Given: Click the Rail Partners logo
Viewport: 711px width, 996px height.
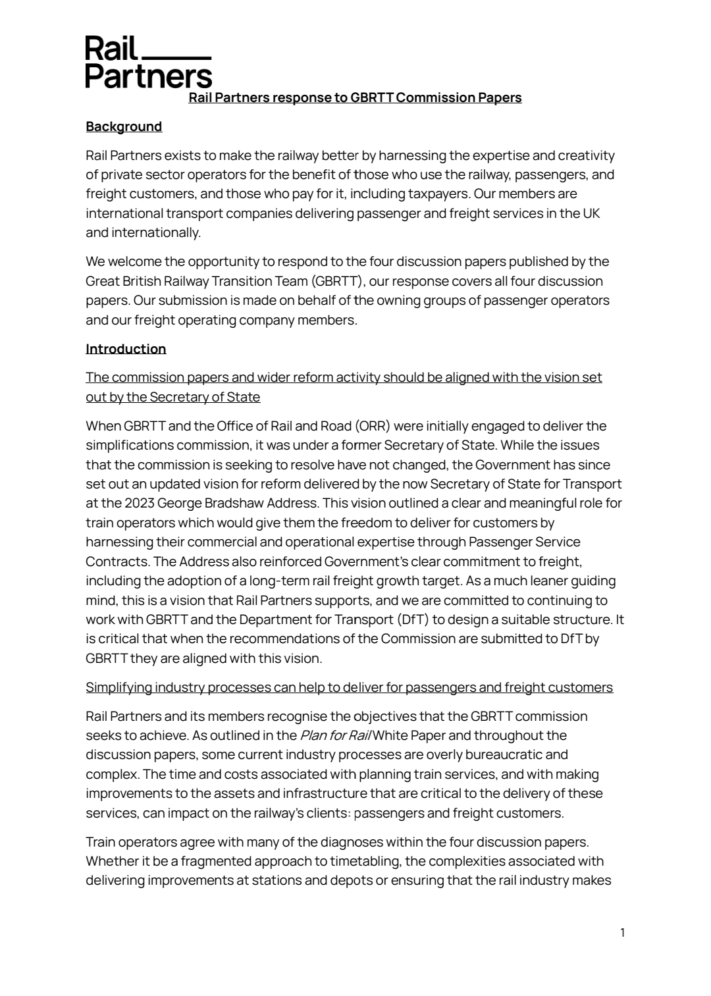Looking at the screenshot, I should (148, 63).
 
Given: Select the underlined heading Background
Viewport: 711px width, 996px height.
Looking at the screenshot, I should (124, 126).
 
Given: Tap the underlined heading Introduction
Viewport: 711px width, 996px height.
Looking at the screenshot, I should (126, 349).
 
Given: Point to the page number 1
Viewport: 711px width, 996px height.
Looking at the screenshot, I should (622, 932).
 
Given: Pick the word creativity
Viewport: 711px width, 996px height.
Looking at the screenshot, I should (586, 155).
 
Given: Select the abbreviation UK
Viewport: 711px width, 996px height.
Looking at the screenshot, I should (591, 213).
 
